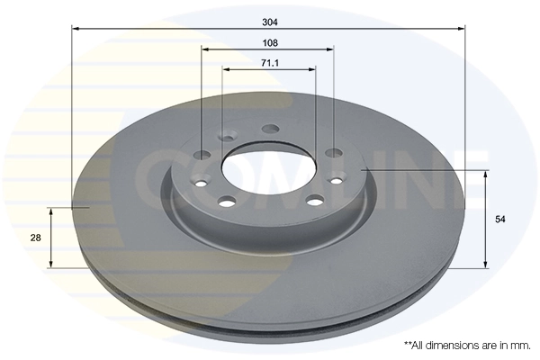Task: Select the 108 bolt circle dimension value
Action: [269, 41]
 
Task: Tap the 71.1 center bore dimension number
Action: [269, 62]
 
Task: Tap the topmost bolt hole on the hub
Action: [269, 129]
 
